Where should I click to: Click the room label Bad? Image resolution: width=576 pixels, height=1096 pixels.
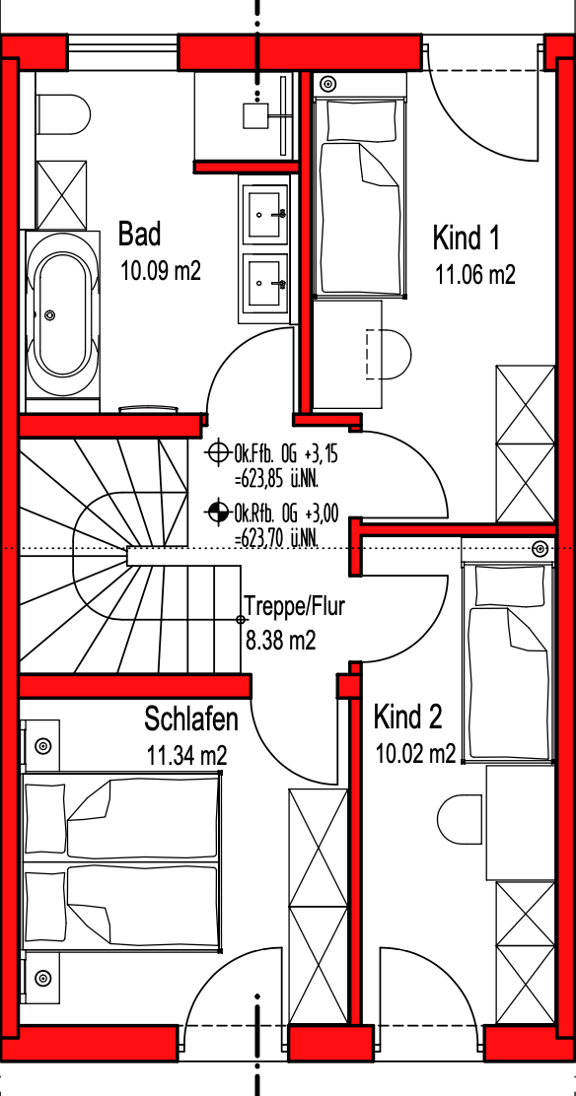(139, 234)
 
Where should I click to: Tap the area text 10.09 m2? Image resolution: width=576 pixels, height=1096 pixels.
(161, 270)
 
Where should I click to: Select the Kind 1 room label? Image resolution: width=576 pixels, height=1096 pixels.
(467, 239)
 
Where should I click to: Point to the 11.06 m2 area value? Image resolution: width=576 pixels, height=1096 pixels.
(475, 275)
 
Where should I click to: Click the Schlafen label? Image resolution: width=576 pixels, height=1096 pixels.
(191, 718)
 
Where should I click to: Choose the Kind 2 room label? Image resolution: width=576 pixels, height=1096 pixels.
(407, 717)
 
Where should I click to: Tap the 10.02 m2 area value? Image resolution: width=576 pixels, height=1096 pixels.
(416, 753)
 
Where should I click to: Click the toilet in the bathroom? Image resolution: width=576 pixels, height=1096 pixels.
(63, 114)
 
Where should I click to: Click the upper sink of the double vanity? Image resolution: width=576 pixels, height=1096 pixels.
(264, 210)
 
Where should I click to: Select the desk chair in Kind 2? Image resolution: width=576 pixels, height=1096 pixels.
(462, 816)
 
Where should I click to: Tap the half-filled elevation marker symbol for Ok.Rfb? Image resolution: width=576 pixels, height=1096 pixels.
(218, 513)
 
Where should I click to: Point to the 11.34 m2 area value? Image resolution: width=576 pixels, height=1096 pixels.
(187, 755)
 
